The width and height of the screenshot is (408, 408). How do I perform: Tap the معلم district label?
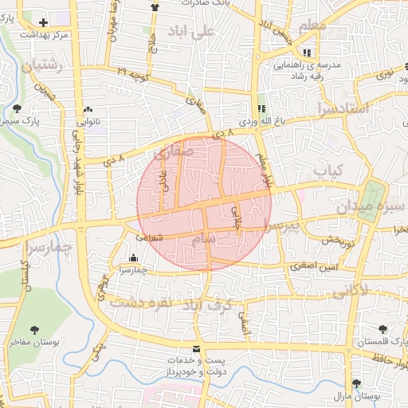[312, 25]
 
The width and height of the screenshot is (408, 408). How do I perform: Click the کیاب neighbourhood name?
[328, 171]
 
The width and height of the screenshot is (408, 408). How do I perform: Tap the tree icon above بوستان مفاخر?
[35, 329]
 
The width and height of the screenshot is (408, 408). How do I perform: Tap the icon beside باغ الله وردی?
[261, 108]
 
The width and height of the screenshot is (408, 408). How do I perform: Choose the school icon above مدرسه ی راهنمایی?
[307, 53]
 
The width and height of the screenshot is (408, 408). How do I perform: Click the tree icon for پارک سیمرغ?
[18, 108]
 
